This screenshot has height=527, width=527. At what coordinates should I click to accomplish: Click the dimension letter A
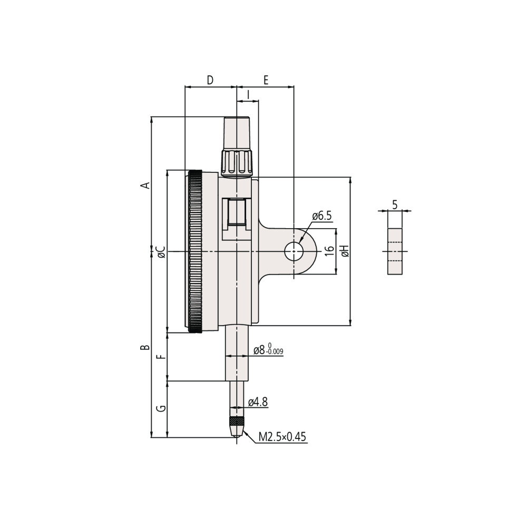[145, 184]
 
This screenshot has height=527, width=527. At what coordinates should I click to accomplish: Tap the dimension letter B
[145, 347]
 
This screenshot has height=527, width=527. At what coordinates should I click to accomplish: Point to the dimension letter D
[210, 80]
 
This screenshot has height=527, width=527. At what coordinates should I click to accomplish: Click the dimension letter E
[266, 80]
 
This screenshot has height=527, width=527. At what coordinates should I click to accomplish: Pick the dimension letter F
[162, 356]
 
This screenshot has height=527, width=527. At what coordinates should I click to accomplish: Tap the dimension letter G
[162, 408]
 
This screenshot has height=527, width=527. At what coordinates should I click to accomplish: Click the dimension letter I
[248, 95]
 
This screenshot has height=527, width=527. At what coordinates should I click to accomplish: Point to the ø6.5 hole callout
[321, 216]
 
